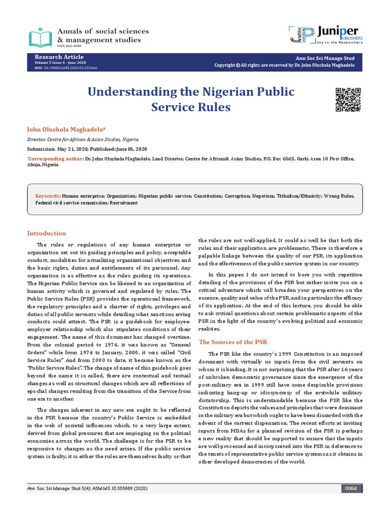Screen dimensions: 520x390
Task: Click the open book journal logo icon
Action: click(x=41, y=37)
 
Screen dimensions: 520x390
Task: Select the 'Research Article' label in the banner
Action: click(x=59, y=56)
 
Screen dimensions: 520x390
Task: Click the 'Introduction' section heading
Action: click(x=46, y=233)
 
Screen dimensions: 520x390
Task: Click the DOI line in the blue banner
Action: click(x=66, y=68)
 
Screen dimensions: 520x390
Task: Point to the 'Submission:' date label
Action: click(x=42, y=149)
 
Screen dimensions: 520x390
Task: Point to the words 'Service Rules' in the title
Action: click(x=191, y=108)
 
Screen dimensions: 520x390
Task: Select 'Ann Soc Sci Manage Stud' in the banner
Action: click(x=324, y=58)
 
